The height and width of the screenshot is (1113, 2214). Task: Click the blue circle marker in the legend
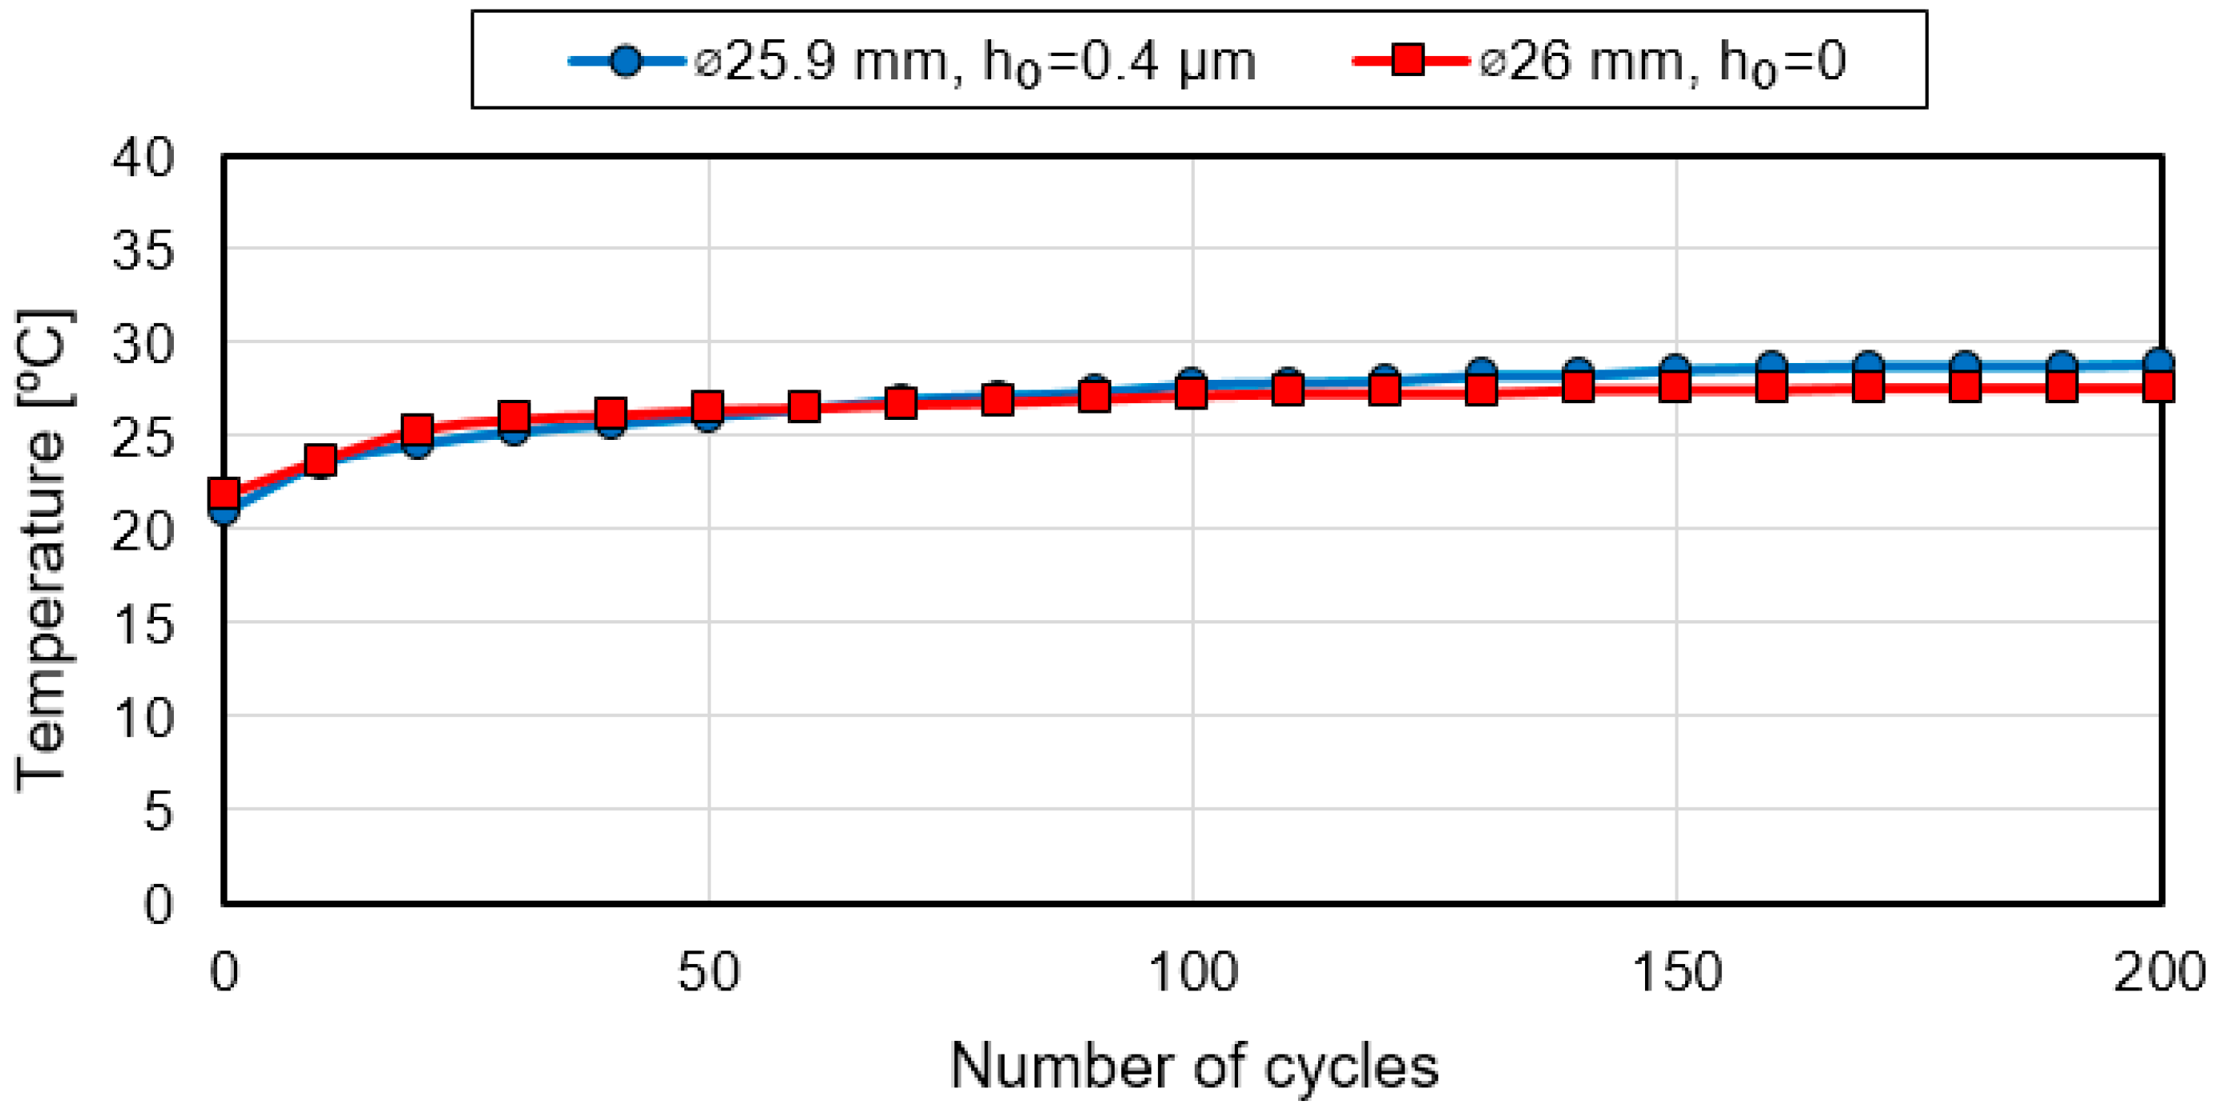626,61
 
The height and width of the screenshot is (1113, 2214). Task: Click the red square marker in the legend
1408,60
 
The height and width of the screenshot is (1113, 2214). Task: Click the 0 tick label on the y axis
158,904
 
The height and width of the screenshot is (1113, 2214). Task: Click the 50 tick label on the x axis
708,973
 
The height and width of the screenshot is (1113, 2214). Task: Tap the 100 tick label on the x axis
1193,973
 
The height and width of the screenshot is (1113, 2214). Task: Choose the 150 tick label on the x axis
1677,973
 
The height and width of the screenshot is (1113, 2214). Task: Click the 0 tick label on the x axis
224,973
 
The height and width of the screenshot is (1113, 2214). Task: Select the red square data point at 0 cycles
224,494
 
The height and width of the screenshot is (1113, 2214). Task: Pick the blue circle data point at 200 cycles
2160,362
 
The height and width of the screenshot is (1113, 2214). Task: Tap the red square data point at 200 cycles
2160,388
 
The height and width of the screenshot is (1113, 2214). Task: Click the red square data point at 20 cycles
417,429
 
